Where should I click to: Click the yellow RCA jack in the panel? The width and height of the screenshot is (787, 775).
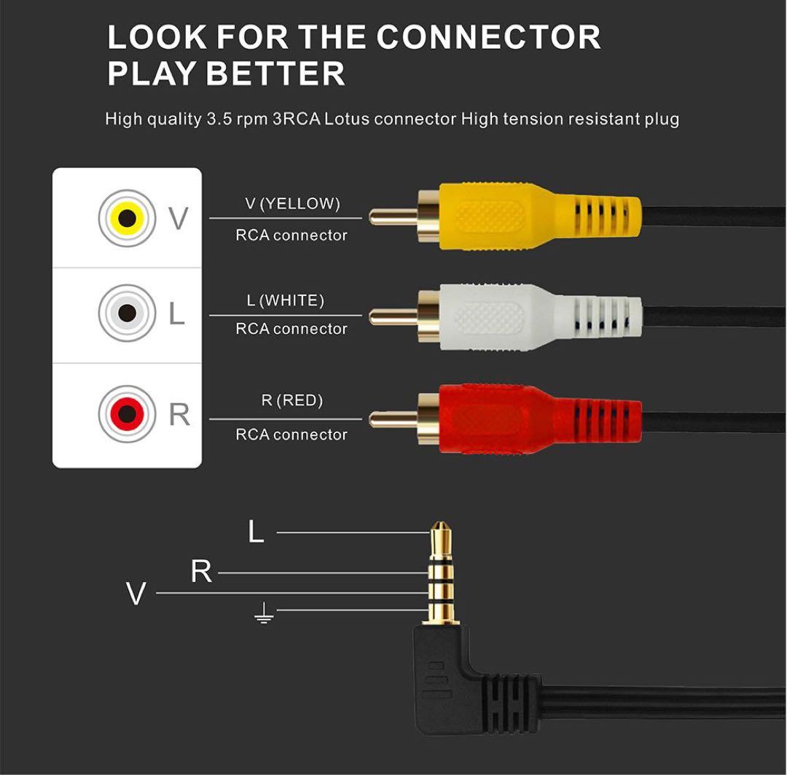pyautogui.click(x=128, y=217)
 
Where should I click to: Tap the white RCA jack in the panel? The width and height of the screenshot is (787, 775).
pyautogui.click(x=128, y=313)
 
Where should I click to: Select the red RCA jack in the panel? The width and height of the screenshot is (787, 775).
pyautogui.click(x=128, y=414)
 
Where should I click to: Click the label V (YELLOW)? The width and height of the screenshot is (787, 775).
pyautogui.click(x=292, y=204)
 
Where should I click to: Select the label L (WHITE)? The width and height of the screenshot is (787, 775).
pyautogui.click(x=285, y=300)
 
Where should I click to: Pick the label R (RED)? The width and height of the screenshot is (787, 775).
pyautogui.click(x=291, y=400)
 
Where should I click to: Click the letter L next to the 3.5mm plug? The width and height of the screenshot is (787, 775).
pyautogui.click(x=256, y=532)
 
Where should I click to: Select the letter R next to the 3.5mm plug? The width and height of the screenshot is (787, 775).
pyautogui.click(x=201, y=572)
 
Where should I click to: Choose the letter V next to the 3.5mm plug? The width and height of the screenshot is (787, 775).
pyautogui.click(x=136, y=594)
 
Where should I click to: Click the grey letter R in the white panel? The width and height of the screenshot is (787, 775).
pyautogui.click(x=179, y=414)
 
